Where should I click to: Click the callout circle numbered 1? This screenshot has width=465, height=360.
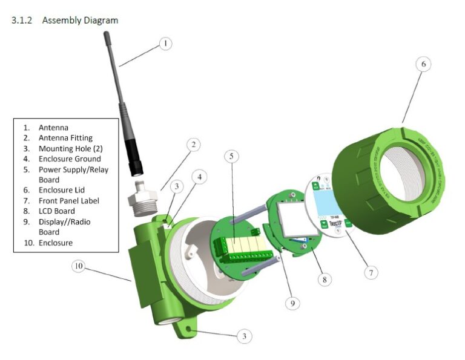[165, 44]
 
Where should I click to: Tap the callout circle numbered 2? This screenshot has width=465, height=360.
[193, 145]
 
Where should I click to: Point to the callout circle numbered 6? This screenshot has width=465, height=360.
[423, 64]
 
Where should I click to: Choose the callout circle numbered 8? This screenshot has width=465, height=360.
[325, 280]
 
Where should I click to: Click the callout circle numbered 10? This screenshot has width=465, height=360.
[78, 266]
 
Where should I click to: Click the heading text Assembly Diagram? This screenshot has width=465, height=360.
[80, 20]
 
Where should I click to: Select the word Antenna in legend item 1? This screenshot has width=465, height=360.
[53, 128]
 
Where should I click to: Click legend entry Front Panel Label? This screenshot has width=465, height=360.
[68, 201]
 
